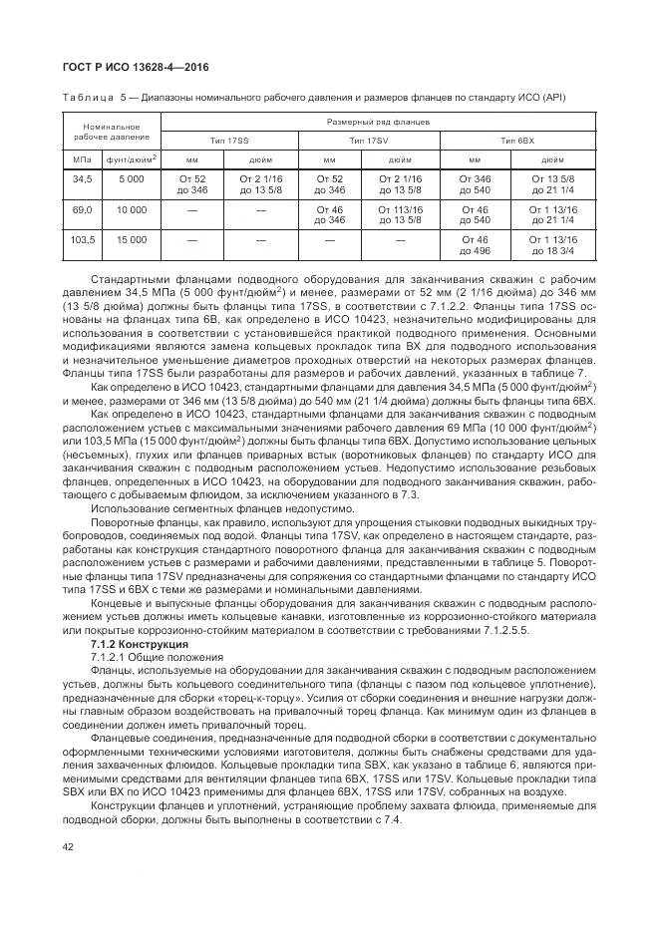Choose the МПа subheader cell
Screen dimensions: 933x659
(82, 157)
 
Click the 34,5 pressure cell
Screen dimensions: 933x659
(82, 177)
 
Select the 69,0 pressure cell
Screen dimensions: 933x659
(82, 210)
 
